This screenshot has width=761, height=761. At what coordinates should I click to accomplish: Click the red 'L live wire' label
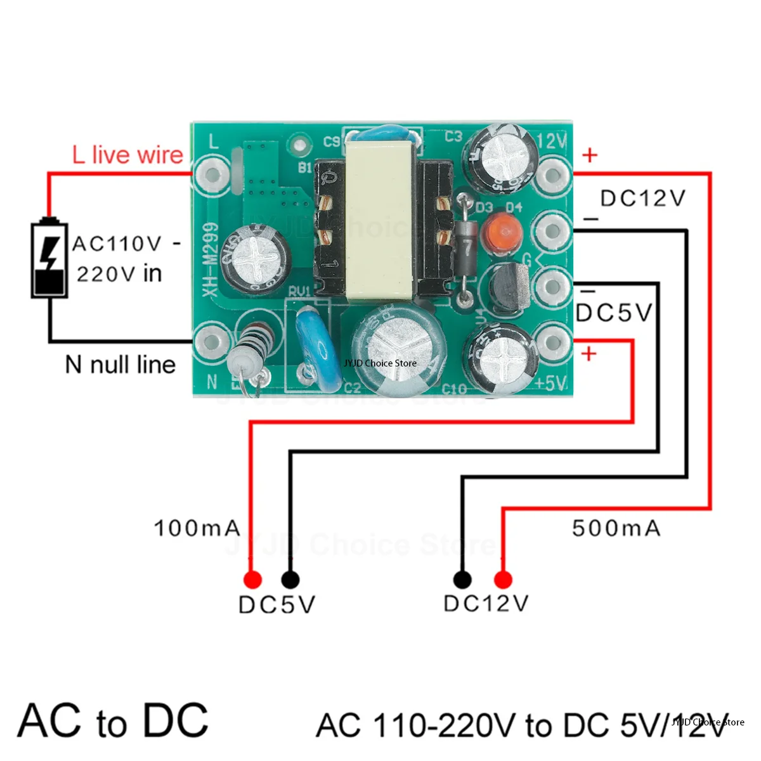tap(127, 155)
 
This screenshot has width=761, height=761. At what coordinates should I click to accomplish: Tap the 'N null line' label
tap(120, 365)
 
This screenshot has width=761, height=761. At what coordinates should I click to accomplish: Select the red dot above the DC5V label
tap(252, 579)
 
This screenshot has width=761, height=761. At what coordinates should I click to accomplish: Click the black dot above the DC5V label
tap(290, 579)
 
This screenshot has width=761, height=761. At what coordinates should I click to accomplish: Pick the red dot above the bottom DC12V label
tap(503, 580)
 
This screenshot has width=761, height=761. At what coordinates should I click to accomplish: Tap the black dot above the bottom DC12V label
tap(462, 579)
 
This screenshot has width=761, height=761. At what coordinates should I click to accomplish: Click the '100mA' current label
tap(197, 528)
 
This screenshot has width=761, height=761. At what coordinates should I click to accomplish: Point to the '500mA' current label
tap(616, 528)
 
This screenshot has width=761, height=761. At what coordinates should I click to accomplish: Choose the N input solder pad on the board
tap(210, 343)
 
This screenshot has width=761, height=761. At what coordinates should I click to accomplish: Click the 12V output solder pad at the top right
tap(552, 174)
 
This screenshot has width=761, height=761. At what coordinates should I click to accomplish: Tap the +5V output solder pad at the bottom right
tap(552, 342)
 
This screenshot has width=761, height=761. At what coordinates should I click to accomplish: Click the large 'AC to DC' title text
tap(114, 721)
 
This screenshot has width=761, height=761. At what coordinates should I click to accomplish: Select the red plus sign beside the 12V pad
tap(590, 155)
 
